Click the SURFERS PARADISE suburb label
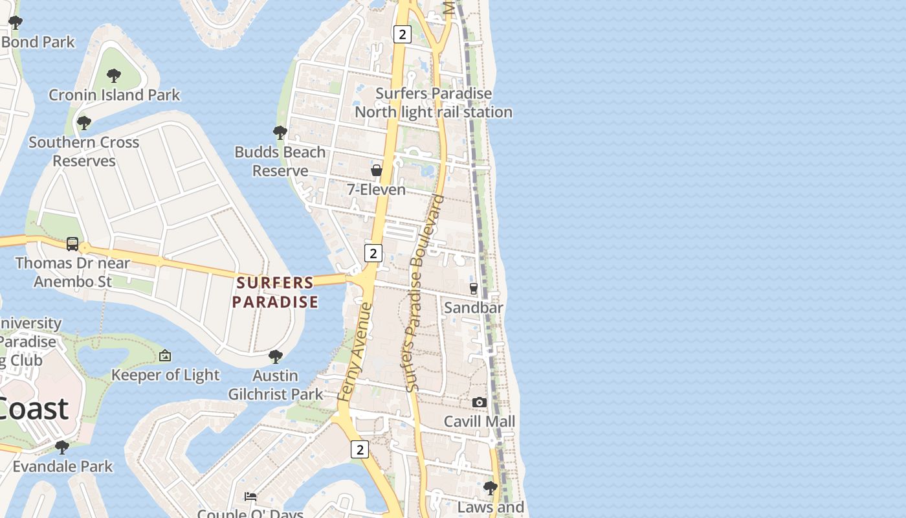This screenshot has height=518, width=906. tap(275, 292)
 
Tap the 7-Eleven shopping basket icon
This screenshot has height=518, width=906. tap(376, 170)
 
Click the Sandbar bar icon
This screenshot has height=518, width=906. tap(473, 288)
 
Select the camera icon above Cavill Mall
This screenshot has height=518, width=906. tap(479, 402)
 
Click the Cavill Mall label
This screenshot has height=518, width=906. tap(480, 422)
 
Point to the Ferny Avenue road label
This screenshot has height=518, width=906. tap(355, 351)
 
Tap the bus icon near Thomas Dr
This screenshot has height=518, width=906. tap(72, 244)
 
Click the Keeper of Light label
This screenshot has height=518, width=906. tap(166, 375)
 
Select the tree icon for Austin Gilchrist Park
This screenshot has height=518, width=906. tap(276, 356)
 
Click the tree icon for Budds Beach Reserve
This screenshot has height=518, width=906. tap(280, 133)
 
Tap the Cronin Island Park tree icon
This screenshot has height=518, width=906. tap(114, 76)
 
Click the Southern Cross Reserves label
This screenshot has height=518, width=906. tap(83, 152)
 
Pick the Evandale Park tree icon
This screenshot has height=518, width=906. tap(62, 447)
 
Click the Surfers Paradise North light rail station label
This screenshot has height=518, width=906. tap(434, 102)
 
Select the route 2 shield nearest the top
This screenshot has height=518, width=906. tap(402, 34)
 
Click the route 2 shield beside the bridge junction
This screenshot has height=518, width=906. tap(373, 253)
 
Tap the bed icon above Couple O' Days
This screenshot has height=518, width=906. tap(250, 497)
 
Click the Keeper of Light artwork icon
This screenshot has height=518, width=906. tap(165, 355)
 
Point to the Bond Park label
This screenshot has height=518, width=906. tap(39, 42)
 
